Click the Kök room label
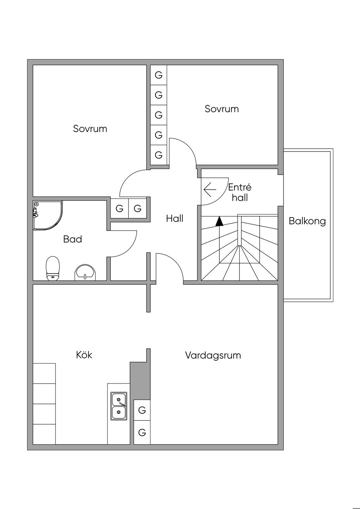[x=84, y=355]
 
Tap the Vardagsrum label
[x=213, y=355]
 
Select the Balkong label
[x=307, y=221]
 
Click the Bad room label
[x=72, y=239]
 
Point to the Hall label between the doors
[x=175, y=219]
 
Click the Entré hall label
[x=240, y=192]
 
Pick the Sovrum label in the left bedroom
[x=90, y=129]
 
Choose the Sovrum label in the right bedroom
[x=221, y=109]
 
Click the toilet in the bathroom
[x=53, y=268]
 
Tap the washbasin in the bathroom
[x=85, y=273]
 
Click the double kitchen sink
[x=119, y=406]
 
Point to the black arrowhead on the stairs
[x=219, y=221]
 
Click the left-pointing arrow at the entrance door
[x=210, y=190]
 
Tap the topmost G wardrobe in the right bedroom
[x=159, y=75]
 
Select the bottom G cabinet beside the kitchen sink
[x=142, y=432]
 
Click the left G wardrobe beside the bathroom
[x=120, y=209]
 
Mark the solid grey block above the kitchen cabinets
[x=140, y=381]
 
